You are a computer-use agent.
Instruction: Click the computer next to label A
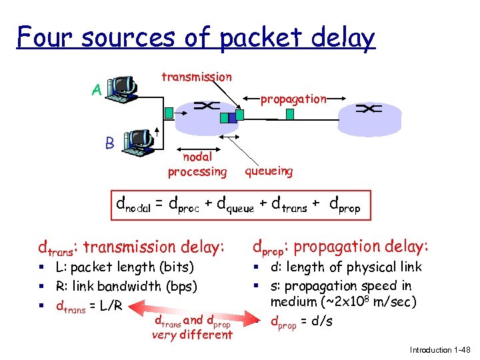pyautogui.click(x=124, y=90)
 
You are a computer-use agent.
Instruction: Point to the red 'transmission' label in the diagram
pyautogui.click(x=197, y=77)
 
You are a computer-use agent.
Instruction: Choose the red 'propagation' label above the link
pyautogui.click(x=293, y=99)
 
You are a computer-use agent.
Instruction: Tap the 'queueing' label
pyautogui.click(x=269, y=171)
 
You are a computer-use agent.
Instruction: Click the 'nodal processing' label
pyautogui.click(x=197, y=164)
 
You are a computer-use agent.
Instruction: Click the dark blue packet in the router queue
pyautogui.click(x=233, y=117)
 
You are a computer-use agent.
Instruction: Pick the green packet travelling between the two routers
pyautogui.click(x=289, y=115)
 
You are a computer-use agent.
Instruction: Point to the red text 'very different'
pyautogui.click(x=192, y=335)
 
